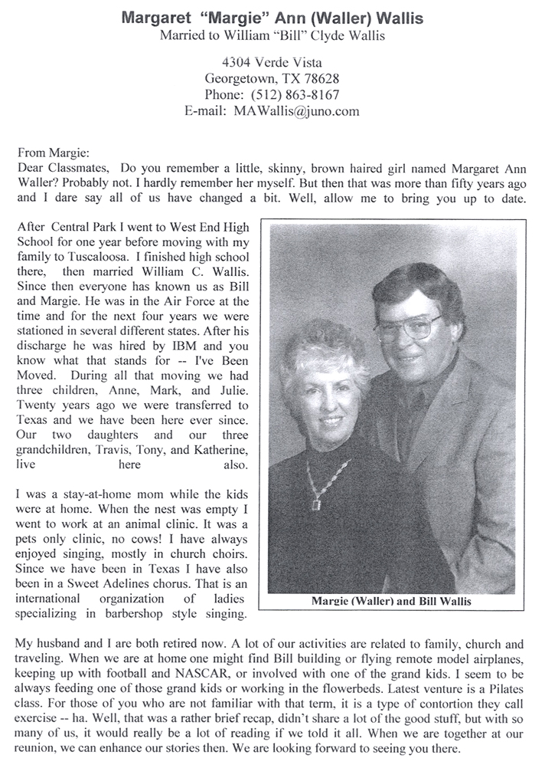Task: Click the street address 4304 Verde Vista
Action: click(x=272, y=63)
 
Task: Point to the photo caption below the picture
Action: click(x=391, y=601)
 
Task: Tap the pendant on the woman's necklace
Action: click(x=315, y=503)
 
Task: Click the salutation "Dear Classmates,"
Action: click(x=60, y=166)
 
